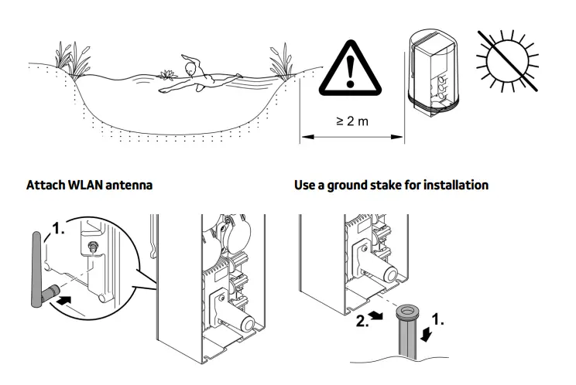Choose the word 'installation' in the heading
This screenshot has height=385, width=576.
click(461, 186)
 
